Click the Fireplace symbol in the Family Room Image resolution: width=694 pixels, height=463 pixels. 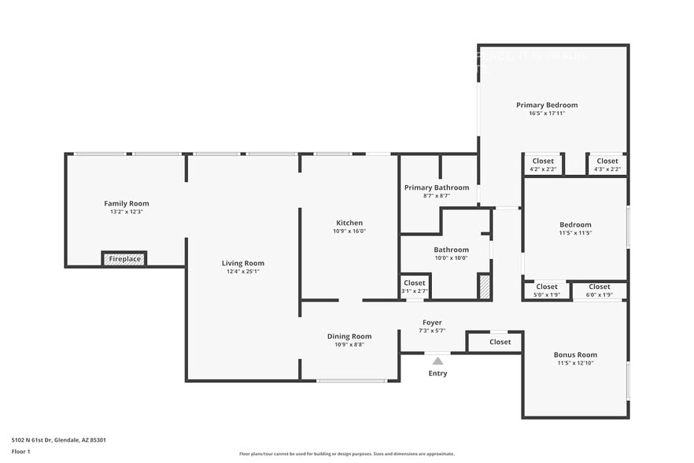[x=124, y=258]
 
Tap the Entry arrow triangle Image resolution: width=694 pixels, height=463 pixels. [x=437, y=361]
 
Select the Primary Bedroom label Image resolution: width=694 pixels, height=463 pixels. [x=547, y=105]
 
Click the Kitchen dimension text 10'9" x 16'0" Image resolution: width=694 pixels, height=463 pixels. [x=349, y=231]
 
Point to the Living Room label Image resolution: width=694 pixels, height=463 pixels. [x=242, y=263]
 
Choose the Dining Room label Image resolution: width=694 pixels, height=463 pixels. [x=349, y=336]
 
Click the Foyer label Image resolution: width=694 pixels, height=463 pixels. [x=432, y=322]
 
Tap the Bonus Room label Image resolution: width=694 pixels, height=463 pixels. [x=575, y=354]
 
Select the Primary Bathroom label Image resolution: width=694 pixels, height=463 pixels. [x=437, y=187]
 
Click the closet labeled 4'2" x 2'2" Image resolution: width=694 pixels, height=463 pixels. [x=543, y=165]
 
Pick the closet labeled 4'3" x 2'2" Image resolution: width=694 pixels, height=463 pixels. [x=607, y=165]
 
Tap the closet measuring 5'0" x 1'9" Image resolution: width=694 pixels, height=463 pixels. [x=547, y=291]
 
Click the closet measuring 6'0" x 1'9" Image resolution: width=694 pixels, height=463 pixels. [x=599, y=291]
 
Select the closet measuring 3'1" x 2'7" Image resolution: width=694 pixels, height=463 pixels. [x=415, y=287]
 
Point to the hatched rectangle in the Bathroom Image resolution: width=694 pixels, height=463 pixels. [x=484, y=286]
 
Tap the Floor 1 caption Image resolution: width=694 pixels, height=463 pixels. [x=21, y=451]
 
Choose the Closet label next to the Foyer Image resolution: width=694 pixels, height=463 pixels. [x=500, y=342]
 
